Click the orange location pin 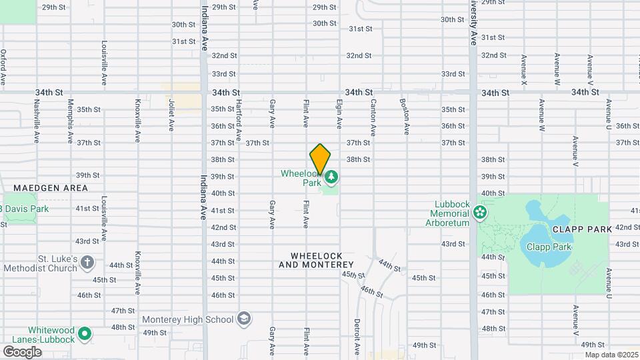320,159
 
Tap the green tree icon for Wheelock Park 331,177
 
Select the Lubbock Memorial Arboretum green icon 479,213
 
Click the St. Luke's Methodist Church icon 87,263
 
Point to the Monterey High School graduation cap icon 244,319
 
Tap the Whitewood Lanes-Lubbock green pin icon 84,333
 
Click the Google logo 22,351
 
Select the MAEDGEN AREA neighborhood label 51,188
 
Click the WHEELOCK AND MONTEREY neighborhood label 316,260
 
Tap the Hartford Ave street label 238,120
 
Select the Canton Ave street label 373,115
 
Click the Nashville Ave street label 36,121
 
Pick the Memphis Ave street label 70,121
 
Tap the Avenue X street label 524,69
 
